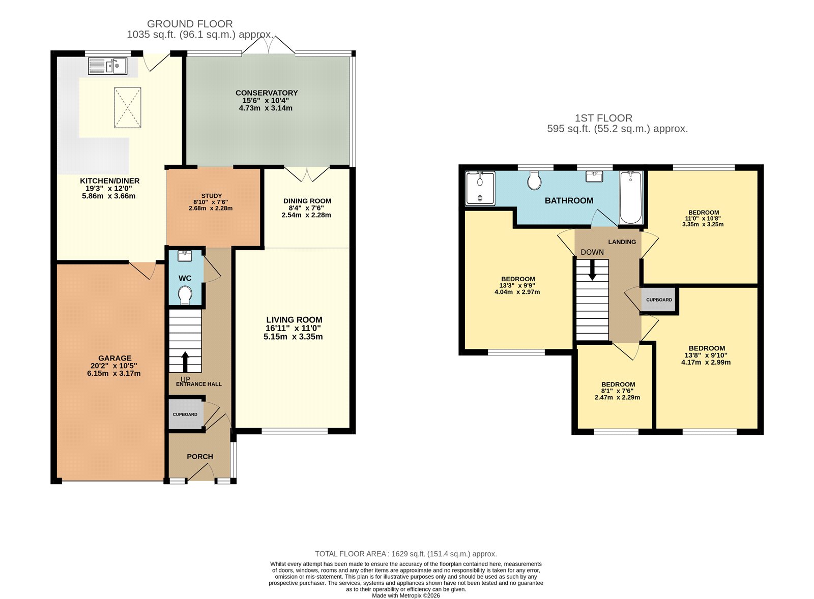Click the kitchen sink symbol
(108, 66)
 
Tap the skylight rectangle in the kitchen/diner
(127, 108)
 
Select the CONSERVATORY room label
(267, 93)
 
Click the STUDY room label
(211, 196)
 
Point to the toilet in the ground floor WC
(185, 295)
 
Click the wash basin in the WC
(185, 255)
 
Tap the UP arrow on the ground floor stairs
(185, 362)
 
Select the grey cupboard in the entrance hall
(185, 414)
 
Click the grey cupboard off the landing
(659, 300)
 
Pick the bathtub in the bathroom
(631, 198)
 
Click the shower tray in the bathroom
(480, 189)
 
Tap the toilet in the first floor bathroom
(534, 180)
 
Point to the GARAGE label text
(115, 358)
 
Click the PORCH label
(200, 457)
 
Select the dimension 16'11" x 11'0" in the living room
(294, 328)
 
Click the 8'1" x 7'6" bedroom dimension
(618, 391)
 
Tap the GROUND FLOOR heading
(190, 24)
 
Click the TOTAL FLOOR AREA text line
(405, 554)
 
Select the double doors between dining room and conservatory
(307, 174)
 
